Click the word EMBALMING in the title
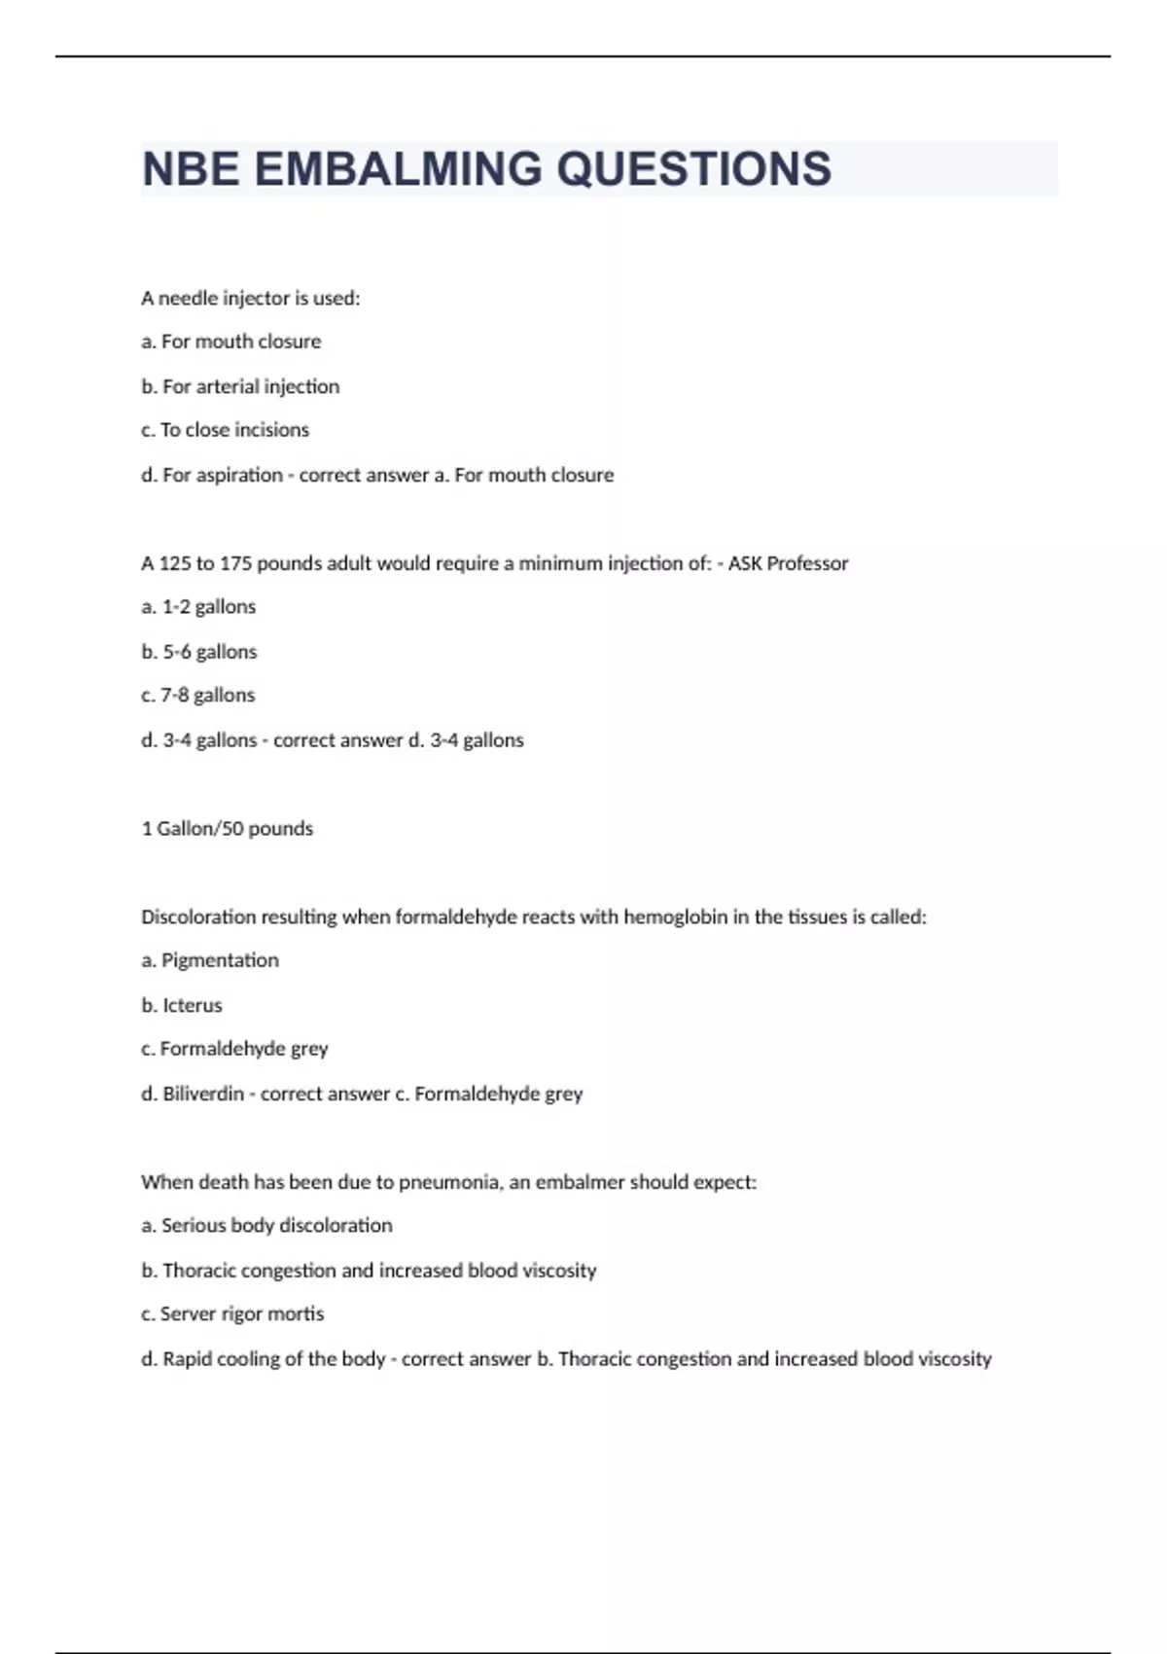pyautogui.click(x=398, y=169)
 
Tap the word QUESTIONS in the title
pyautogui.click(x=693, y=169)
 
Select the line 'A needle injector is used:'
pyautogui.click(x=250, y=299)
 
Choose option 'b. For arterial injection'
pyautogui.click(x=240, y=386)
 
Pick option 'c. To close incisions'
pyautogui.click(x=225, y=430)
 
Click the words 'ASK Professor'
pyautogui.click(x=788, y=563)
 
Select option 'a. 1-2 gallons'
pyautogui.click(x=198, y=607)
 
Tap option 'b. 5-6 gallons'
pyautogui.click(x=198, y=652)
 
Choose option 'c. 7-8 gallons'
pyautogui.click(x=198, y=696)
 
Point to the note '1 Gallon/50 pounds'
pyautogui.click(x=227, y=829)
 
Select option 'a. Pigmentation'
pyautogui.click(x=210, y=961)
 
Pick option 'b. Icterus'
pyautogui.click(x=182, y=1006)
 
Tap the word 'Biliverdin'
pyautogui.click(x=203, y=1095)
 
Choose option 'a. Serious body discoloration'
pyautogui.click(x=266, y=1226)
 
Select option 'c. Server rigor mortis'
pyautogui.click(x=232, y=1314)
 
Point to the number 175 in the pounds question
pyautogui.click(x=235, y=563)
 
